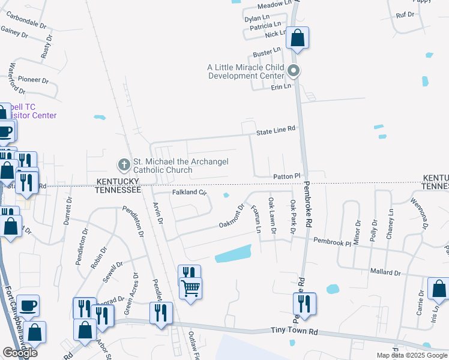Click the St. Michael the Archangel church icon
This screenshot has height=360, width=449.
tap(124, 164)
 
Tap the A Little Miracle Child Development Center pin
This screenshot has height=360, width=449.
tap(294, 71)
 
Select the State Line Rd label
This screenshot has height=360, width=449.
tap(276, 129)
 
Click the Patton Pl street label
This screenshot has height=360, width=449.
tap(286, 175)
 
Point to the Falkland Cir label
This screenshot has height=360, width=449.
tap(190, 193)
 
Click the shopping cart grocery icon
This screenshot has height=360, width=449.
tap(191, 289)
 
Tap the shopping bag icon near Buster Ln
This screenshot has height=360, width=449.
tap(297, 38)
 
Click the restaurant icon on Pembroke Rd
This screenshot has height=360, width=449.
tap(305, 304)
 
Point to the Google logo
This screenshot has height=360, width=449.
tap(20, 353)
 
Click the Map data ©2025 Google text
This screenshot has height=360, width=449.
tap(412, 355)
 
